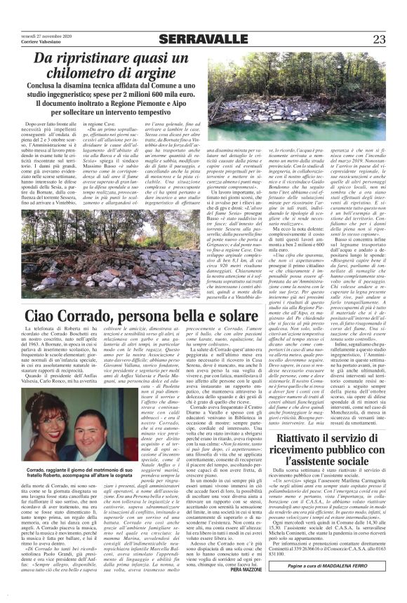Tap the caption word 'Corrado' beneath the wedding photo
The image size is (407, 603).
(x=44, y=452)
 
